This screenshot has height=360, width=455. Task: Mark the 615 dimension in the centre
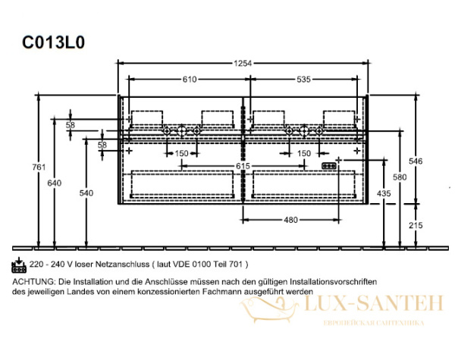click(x=243, y=165)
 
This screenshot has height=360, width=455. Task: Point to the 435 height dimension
click(x=384, y=194)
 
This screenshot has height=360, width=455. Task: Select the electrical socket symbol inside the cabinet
click(x=329, y=164)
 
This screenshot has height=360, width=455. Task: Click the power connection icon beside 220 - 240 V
click(x=20, y=264)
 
